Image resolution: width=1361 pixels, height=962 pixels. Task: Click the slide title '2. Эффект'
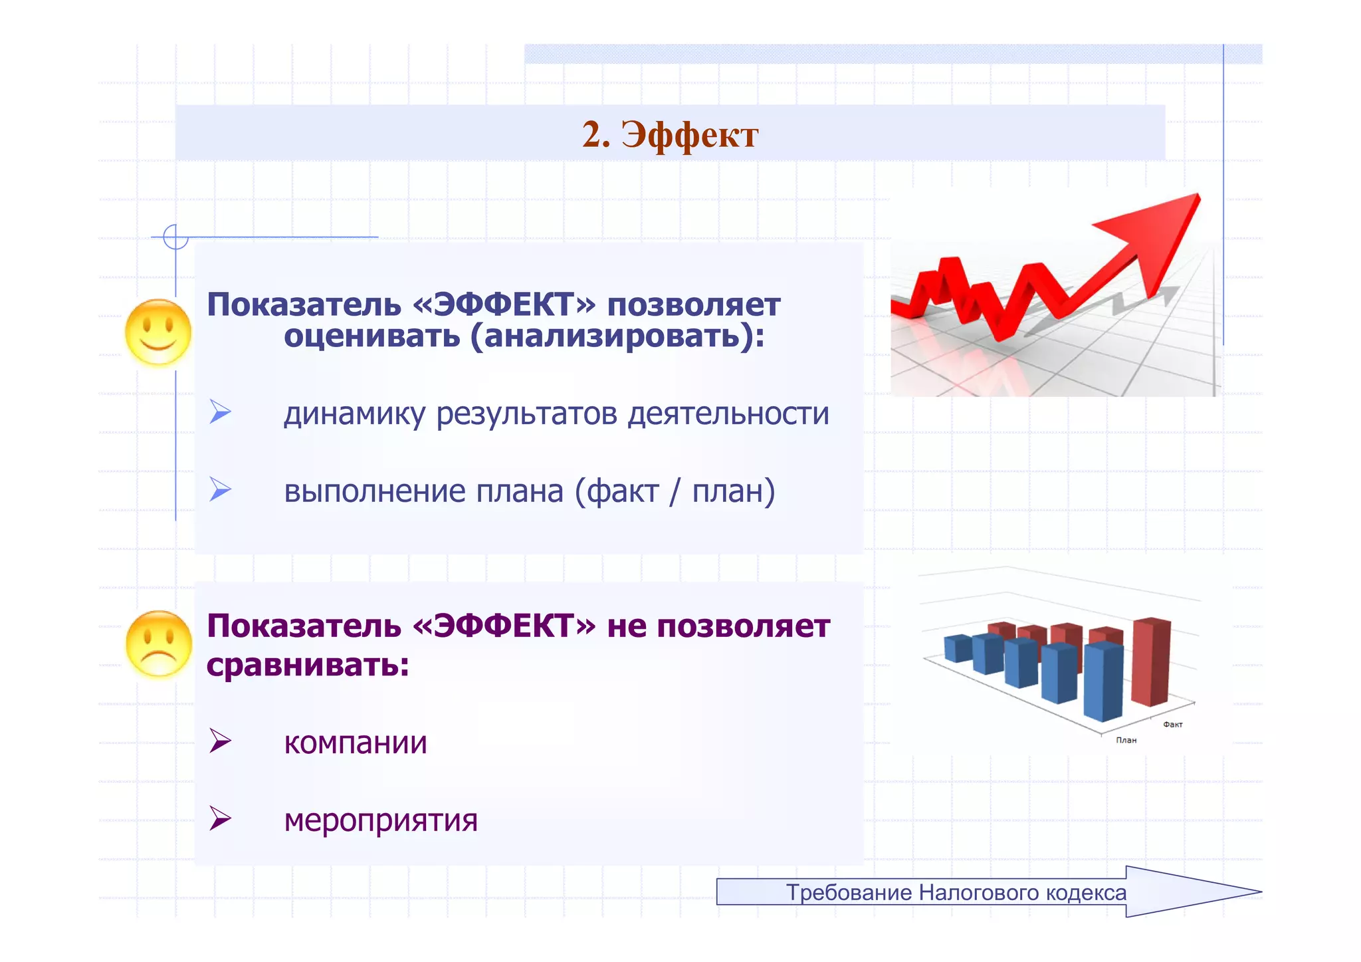coord(670,135)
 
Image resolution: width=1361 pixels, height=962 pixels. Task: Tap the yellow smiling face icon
coord(158,332)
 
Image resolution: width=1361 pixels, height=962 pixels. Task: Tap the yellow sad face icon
coord(158,644)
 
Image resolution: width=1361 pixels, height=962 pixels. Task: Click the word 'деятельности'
coord(728,414)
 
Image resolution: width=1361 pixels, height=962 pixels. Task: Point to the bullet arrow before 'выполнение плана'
coord(220,490)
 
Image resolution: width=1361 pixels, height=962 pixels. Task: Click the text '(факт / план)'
coord(675,491)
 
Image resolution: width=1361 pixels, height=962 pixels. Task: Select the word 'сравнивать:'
coord(308,664)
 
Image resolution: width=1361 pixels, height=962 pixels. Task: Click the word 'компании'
coord(355,743)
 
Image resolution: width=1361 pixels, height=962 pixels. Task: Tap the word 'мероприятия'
coord(381,820)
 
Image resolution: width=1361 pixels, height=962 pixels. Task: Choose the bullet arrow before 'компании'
coord(220,741)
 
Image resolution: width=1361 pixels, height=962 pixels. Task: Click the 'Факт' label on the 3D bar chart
coord(1172,725)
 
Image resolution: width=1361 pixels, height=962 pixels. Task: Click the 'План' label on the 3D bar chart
coord(1126,740)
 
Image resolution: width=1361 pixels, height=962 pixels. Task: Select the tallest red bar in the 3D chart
coord(1150,661)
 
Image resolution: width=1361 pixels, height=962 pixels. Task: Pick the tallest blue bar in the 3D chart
coord(1102,683)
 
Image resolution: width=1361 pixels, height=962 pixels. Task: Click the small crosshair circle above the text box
coord(175,237)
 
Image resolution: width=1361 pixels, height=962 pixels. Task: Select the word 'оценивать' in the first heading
coord(371,336)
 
